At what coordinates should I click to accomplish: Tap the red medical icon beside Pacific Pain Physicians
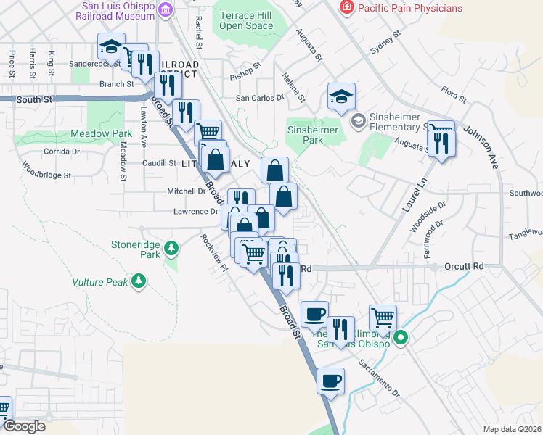[347, 8]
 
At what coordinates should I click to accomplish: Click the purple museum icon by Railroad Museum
[167, 9]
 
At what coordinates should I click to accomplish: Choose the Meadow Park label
[102, 133]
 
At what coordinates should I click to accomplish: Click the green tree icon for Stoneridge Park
[171, 249]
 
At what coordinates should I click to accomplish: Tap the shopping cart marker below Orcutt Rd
[383, 316]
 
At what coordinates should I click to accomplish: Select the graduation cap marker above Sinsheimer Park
[341, 96]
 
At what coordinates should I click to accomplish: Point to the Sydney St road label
[386, 43]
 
